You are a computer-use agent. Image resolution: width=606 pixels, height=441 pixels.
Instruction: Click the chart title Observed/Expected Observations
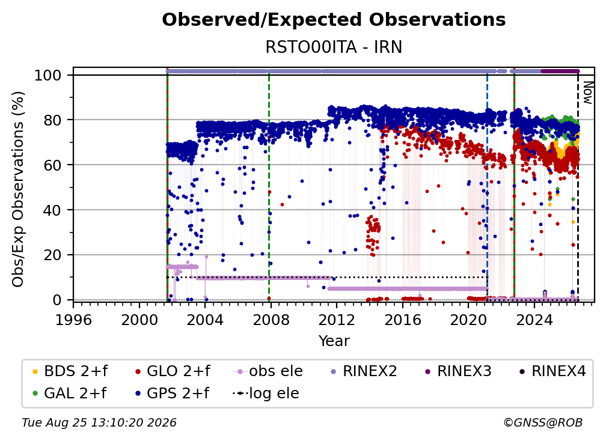click(x=334, y=20)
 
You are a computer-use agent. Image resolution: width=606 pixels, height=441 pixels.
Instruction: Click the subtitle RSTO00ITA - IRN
click(x=334, y=47)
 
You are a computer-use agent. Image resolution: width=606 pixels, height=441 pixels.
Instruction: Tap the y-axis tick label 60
click(x=52, y=165)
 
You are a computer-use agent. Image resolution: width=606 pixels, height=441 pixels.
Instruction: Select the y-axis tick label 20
click(x=52, y=255)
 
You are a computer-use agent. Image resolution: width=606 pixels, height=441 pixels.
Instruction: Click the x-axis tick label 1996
click(x=73, y=320)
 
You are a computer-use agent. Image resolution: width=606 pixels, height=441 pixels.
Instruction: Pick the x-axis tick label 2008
click(x=271, y=320)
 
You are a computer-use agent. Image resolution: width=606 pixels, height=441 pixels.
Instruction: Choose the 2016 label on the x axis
click(x=402, y=320)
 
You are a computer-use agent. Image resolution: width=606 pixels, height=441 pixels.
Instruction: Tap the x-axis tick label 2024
click(x=534, y=320)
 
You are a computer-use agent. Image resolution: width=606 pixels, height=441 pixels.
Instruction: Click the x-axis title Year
click(x=334, y=341)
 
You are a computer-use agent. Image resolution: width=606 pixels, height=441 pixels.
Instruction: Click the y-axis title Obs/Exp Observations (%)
click(x=18, y=189)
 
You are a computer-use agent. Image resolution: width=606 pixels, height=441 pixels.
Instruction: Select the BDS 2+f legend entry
click(x=70, y=371)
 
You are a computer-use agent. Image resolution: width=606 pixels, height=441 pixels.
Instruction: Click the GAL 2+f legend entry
click(x=69, y=393)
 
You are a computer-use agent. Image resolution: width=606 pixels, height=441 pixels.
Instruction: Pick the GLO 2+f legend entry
click(x=173, y=371)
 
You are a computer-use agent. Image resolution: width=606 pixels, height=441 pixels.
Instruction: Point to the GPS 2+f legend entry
click(x=172, y=393)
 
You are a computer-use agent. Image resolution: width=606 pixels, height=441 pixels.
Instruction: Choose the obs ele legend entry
click(x=268, y=371)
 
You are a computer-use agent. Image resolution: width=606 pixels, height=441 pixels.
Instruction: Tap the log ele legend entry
click(x=266, y=393)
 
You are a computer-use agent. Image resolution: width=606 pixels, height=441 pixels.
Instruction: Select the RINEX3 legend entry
click(x=458, y=371)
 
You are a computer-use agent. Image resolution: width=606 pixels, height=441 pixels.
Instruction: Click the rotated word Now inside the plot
click(x=587, y=93)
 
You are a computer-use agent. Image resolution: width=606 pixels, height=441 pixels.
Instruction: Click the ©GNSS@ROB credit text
click(x=543, y=423)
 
